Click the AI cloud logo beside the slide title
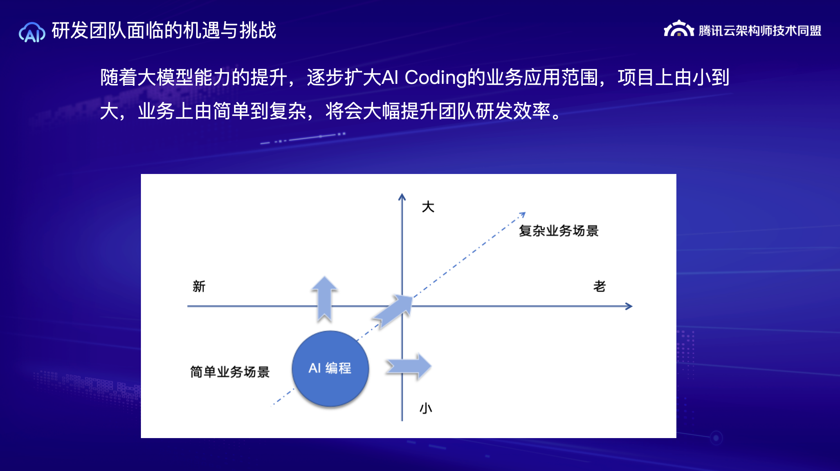click(32, 32)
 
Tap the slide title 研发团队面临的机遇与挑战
click(164, 31)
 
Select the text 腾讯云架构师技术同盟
click(760, 31)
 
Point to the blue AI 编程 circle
click(330, 368)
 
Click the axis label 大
click(428, 207)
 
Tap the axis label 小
click(426, 408)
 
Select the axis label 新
click(199, 286)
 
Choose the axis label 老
click(599, 286)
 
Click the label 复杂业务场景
click(559, 231)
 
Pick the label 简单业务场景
click(230, 371)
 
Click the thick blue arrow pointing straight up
click(324, 299)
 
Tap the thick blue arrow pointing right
click(409, 366)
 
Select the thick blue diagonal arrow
click(393, 312)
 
